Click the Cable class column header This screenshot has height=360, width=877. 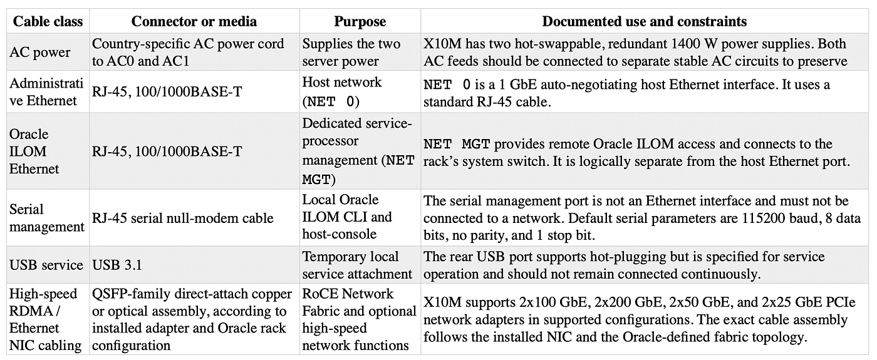(48, 21)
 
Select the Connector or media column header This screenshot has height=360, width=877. (194, 21)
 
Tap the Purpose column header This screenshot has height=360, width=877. (360, 21)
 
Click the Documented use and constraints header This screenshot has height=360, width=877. (645, 21)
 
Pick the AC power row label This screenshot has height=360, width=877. (40, 52)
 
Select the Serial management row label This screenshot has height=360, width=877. (47, 218)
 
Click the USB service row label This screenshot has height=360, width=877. (46, 265)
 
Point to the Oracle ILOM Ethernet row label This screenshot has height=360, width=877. (34, 152)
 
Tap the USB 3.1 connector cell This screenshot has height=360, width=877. (117, 265)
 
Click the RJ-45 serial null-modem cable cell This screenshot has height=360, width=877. (182, 218)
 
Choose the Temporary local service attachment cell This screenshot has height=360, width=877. (357, 265)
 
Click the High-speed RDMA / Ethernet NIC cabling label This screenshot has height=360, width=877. (45, 319)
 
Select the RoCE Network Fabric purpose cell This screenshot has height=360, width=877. (359, 319)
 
